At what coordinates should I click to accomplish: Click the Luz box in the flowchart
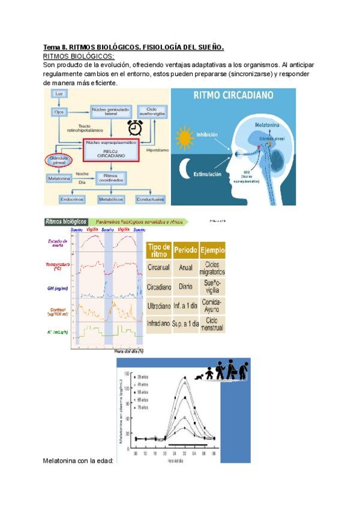click(58, 95)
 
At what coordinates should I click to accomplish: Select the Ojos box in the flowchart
click(58, 112)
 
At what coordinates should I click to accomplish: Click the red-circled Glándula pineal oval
click(58, 161)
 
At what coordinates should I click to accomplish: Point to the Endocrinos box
click(72, 198)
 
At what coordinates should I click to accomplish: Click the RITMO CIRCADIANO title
click(233, 95)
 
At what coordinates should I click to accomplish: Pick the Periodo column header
click(185, 250)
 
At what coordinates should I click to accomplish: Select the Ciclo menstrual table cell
click(212, 325)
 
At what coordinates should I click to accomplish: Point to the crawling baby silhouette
click(201, 376)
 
